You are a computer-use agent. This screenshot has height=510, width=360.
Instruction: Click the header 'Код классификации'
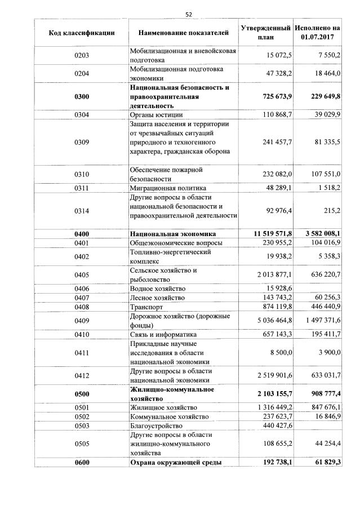[82, 33]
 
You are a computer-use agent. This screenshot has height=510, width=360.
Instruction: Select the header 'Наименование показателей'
[184, 33]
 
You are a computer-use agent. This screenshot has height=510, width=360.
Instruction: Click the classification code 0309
[82, 142]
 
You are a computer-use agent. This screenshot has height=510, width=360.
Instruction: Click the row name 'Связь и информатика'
[163, 334]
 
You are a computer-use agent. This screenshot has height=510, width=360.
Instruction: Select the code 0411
[82, 353]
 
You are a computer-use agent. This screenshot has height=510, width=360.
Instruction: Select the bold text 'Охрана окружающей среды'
[175, 462]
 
